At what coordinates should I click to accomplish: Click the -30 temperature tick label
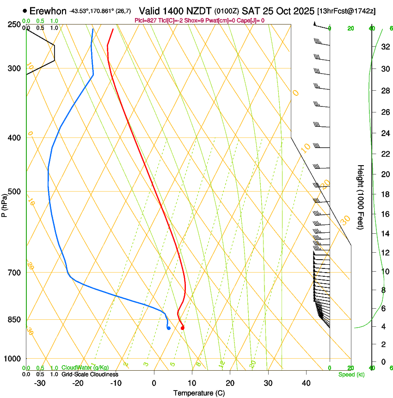39,383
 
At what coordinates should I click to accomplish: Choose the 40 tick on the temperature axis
306,383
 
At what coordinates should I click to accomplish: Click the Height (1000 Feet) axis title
361,197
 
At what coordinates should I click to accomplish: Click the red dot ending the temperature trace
183,328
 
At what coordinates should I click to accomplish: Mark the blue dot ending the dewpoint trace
169,328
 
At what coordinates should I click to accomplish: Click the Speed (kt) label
351,374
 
